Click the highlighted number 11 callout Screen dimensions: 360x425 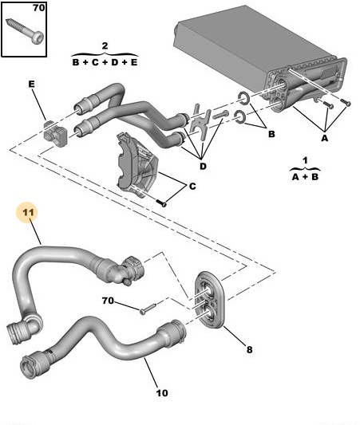click(28, 212)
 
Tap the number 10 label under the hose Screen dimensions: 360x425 click(162, 393)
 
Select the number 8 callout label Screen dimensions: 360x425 click(249, 350)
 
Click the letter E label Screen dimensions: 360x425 click(31, 84)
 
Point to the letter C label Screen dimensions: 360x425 click(192, 187)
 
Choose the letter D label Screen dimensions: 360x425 click(203, 166)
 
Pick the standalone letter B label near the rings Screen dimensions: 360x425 click(271, 134)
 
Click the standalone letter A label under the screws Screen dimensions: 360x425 click(324, 138)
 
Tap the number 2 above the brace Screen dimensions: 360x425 click(105, 45)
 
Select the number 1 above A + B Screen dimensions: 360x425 click(305, 160)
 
